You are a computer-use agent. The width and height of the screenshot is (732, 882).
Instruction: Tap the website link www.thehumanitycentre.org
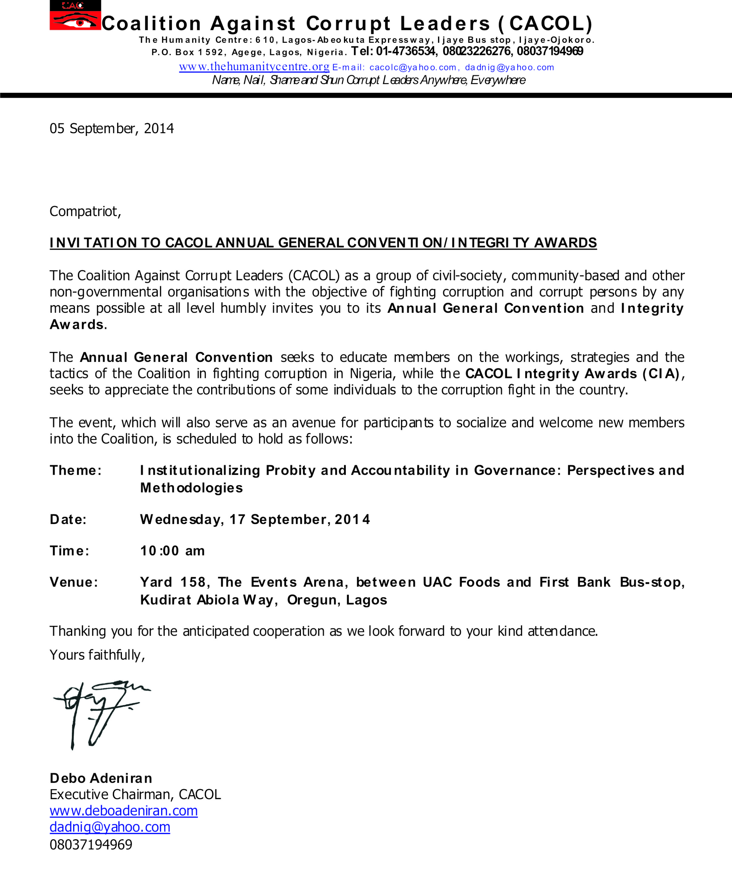coord(254,67)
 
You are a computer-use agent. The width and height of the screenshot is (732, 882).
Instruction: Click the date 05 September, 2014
coord(112,129)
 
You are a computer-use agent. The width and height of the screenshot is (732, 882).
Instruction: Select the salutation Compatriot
coord(85,211)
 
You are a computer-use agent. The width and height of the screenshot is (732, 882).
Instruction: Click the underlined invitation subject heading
coord(323,243)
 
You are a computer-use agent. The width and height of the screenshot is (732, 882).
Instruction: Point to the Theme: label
coord(76,470)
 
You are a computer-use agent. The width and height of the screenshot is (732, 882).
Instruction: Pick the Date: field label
coord(68,519)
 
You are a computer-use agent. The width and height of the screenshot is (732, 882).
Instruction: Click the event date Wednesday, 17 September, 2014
coord(255,519)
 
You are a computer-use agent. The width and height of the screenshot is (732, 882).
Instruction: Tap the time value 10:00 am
coord(172,551)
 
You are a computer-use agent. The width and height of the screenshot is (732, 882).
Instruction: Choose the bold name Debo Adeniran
coord(101,778)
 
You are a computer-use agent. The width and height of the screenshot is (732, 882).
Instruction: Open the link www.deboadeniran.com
coord(123,811)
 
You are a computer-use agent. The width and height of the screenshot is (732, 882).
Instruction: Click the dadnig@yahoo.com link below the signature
coord(110,827)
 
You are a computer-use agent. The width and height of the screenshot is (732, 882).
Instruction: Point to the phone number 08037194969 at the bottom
coord(91,844)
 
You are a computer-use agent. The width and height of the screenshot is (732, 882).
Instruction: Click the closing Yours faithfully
coord(97,655)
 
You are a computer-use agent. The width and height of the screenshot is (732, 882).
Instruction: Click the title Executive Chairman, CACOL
coord(135,795)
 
